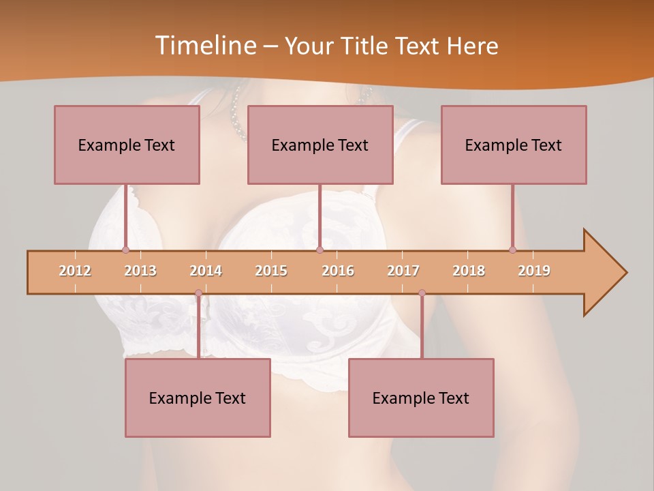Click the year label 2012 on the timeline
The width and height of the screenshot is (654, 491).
tap(75, 271)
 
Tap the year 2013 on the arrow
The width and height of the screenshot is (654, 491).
tap(140, 271)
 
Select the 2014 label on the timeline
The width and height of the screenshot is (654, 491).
tap(206, 271)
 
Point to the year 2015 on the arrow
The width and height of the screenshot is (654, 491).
tap(271, 271)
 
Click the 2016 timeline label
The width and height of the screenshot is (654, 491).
tap(338, 271)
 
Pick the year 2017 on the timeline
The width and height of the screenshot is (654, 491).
tap(403, 271)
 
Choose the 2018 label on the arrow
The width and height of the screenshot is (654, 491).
tap(469, 271)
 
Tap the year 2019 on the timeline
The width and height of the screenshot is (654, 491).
tap(534, 271)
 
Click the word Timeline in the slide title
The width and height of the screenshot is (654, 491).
tap(204, 46)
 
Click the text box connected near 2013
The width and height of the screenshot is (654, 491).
tap(127, 145)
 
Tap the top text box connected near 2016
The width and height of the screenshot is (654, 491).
tap(320, 145)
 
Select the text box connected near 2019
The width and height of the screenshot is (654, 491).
tap(514, 145)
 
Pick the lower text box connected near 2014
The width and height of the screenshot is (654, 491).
tap(198, 398)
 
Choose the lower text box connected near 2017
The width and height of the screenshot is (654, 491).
tap(421, 398)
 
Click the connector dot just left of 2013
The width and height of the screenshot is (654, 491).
tap(125, 250)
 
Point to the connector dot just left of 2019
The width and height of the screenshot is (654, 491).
tap(512, 250)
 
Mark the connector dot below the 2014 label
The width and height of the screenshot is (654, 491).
tap(198, 293)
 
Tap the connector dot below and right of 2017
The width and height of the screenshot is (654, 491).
tap(422, 293)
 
